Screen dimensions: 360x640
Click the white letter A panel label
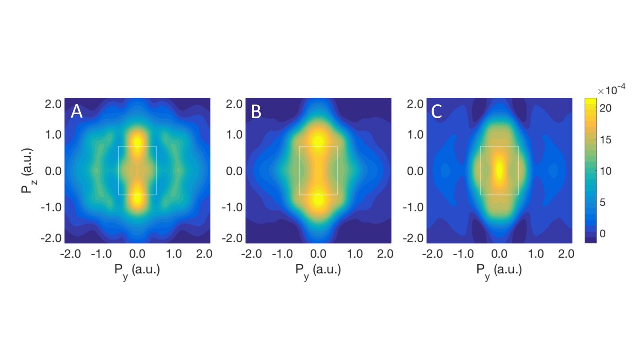(77, 112)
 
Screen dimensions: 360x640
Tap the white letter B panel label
(256, 112)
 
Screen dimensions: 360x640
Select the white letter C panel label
(436, 112)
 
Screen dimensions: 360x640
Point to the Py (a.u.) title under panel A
(137, 270)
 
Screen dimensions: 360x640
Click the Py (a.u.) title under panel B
(318, 270)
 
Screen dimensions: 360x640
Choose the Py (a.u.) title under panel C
(499, 270)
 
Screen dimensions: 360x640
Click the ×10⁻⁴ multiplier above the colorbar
(612, 90)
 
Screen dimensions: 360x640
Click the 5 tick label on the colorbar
(603, 203)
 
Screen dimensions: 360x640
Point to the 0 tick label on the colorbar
(603, 234)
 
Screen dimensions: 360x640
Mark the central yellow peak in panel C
(499, 169)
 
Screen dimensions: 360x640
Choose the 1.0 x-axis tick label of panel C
(536, 254)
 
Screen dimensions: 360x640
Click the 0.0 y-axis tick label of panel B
(234, 171)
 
